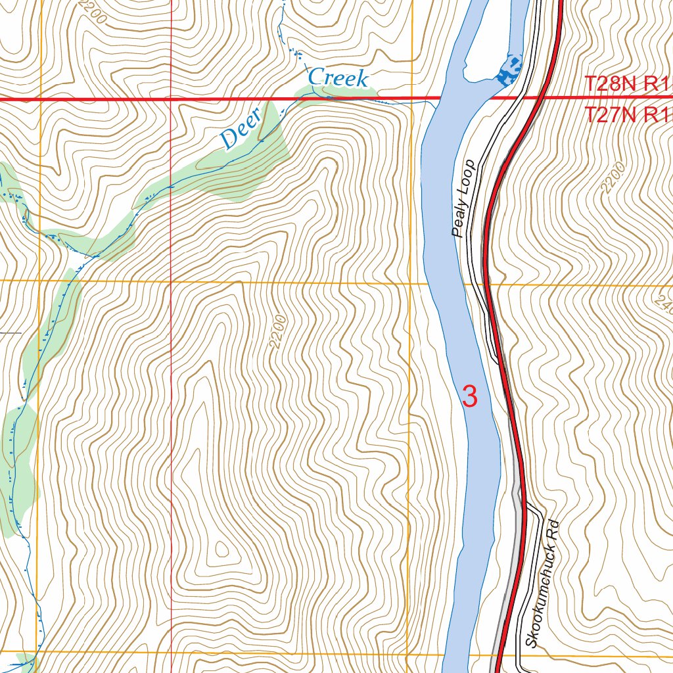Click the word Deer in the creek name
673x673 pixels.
pyautogui.click(x=241, y=130)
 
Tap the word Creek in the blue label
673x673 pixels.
pyautogui.click(x=338, y=78)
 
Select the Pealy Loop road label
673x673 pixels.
pyautogui.click(x=463, y=198)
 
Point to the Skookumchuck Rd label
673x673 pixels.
pyautogui.click(x=542, y=584)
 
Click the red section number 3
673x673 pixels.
pyautogui.click(x=470, y=396)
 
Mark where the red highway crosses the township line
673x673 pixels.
pyautogui.click(x=543, y=99)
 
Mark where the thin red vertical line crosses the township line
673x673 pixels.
pyautogui.click(x=172, y=99)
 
